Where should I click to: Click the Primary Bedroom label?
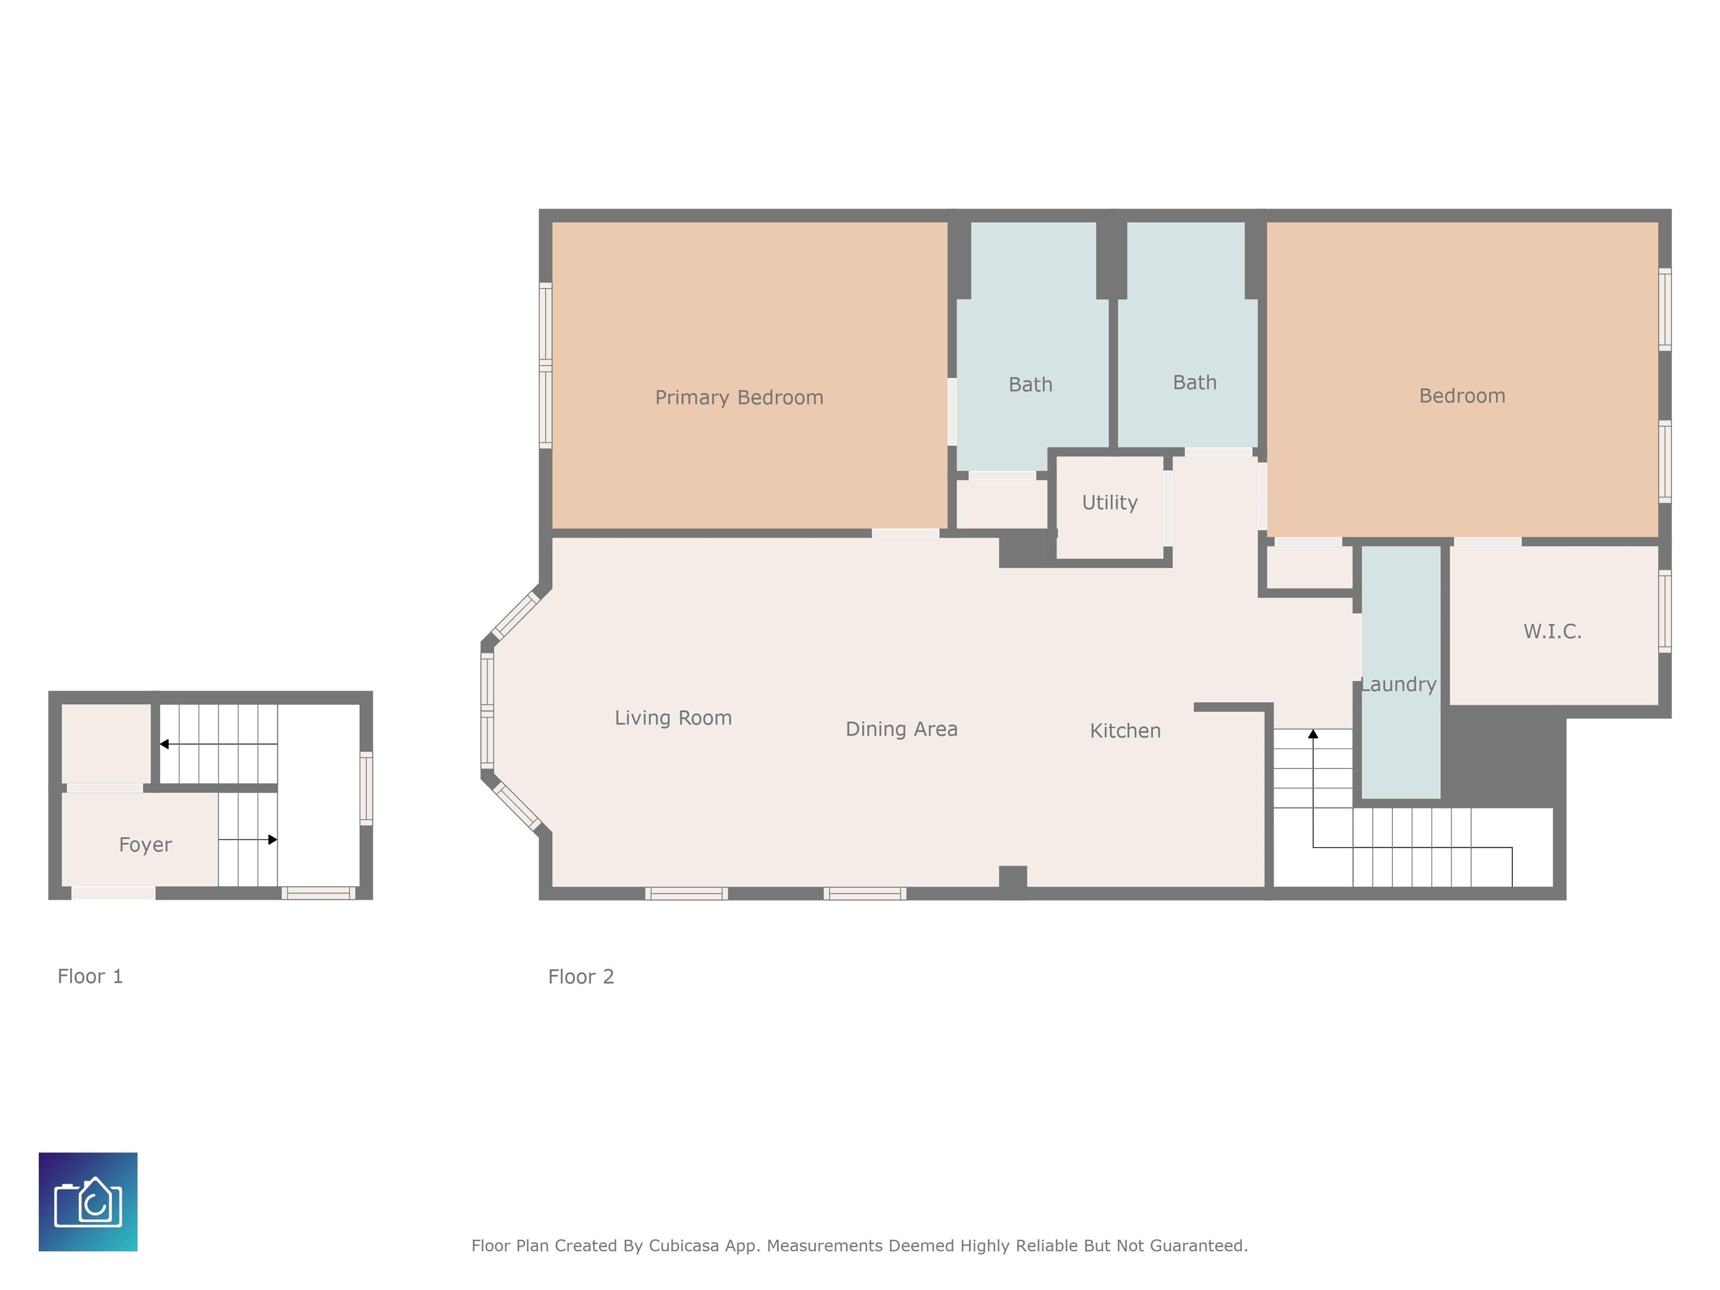pyautogui.click(x=739, y=398)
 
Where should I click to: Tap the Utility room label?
pyautogui.click(x=1110, y=502)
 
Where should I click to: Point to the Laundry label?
pyautogui.click(x=1398, y=684)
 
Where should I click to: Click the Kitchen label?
pyautogui.click(x=1125, y=730)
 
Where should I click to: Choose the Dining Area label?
pyautogui.click(x=901, y=728)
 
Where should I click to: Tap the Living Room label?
pyautogui.click(x=674, y=718)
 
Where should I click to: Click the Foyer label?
pyautogui.click(x=146, y=844)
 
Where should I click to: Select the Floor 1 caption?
pyautogui.click(x=90, y=976)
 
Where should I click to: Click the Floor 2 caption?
pyautogui.click(x=581, y=976)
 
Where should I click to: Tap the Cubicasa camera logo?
pyautogui.click(x=88, y=1202)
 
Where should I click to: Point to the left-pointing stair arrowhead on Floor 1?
pyautogui.click(x=164, y=744)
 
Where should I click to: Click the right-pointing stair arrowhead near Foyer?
pyautogui.click(x=273, y=840)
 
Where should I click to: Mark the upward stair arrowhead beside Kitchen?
pyautogui.click(x=1314, y=733)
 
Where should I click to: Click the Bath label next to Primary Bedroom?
pyautogui.click(x=1030, y=384)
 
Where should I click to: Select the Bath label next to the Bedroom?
pyautogui.click(x=1194, y=382)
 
